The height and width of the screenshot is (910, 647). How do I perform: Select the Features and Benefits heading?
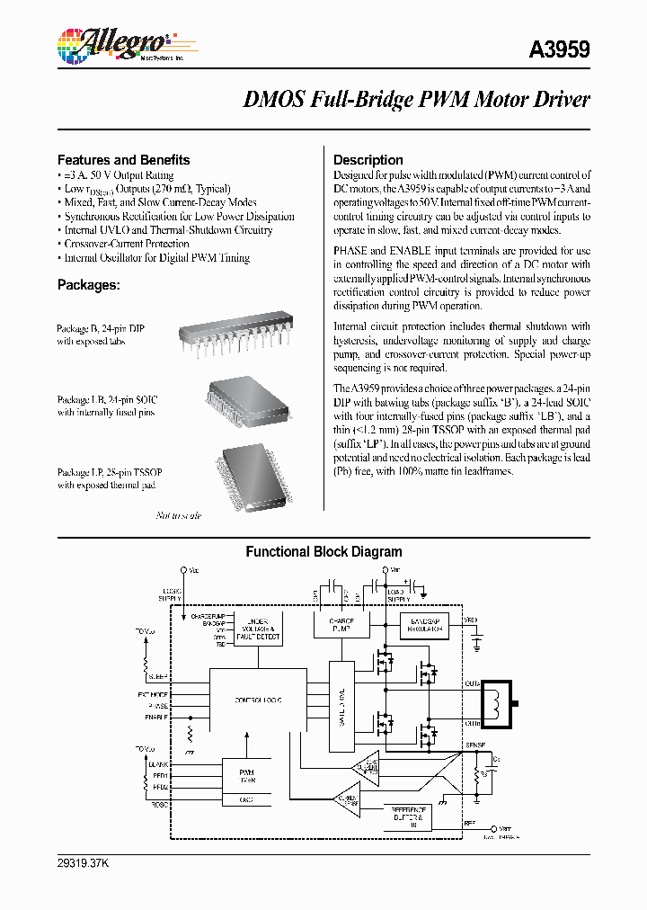pyautogui.click(x=123, y=159)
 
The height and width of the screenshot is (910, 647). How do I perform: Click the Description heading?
pyautogui.click(x=368, y=159)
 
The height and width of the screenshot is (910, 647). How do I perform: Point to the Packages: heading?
pyautogui.click(x=88, y=284)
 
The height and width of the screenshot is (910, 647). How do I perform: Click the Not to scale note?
pyautogui.click(x=179, y=515)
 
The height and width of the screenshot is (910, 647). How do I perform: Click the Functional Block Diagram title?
pyautogui.click(x=323, y=552)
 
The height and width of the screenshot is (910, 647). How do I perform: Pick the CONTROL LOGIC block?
pyautogui.click(x=261, y=699)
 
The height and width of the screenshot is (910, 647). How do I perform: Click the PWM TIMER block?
pyautogui.click(x=246, y=776)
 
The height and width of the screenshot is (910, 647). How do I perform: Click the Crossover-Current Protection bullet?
pyautogui.click(x=126, y=244)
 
